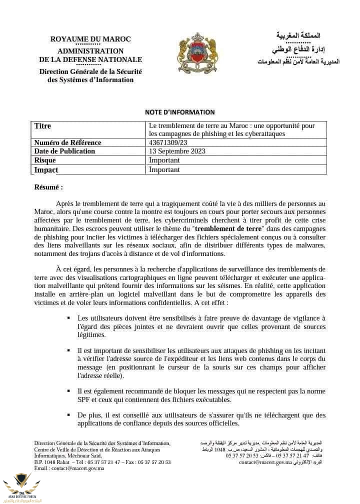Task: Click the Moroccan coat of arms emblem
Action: [x=197, y=53]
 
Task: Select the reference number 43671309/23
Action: [x=168, y=142]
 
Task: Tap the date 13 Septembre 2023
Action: [x=177, y=151]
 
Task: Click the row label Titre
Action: [x=42, y=126]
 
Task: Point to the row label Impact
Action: [x=46, y=169]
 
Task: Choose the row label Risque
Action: [x=45, y=160]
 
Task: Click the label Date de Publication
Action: [x=64, y=151]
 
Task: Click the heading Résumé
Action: [x=48, y=187]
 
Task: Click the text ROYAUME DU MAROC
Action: [x=90, y=39]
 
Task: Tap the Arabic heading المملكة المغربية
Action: [x=298, y=35]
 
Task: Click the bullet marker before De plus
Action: [x=68, y=415]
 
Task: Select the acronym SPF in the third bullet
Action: [x=84, y=399]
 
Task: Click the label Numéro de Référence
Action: [x=67, y=142]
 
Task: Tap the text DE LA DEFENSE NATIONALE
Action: [x=90, y=59]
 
